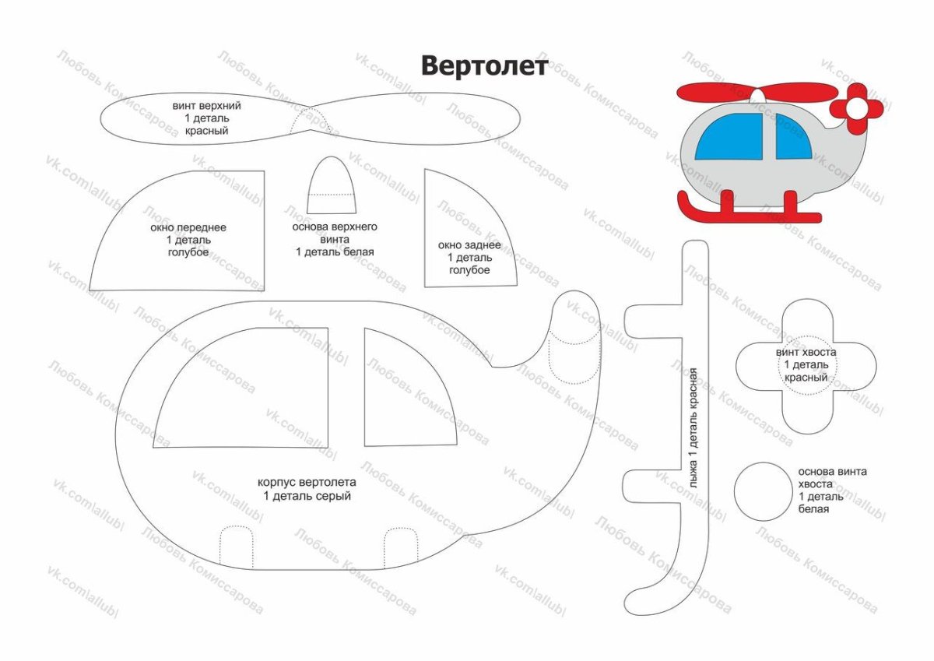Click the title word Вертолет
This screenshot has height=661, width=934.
(x=484, y=65)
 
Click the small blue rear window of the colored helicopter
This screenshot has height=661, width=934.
(x=792, y=139)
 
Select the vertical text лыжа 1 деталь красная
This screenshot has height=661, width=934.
(x=693, y=427)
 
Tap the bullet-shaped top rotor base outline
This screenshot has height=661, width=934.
(x=334, y=187)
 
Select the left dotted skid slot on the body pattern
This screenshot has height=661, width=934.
(x=237, y=547)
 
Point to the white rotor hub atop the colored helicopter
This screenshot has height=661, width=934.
(x=757, y=96)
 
